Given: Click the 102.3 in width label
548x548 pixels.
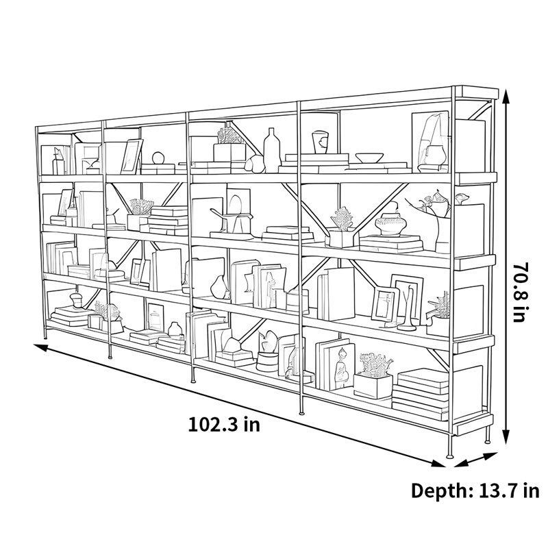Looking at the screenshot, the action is click(x=224, y=425).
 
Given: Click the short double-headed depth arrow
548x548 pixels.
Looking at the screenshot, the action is click(x=475, y=460).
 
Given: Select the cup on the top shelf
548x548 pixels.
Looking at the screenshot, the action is click(x=320, y=142).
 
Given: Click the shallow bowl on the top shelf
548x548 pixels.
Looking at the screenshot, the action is click(x=369, y=158).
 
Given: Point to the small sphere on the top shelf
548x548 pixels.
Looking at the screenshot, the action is click(x=158, y=158).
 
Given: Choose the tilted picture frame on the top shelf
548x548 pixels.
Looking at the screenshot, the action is click(x=132, y=156).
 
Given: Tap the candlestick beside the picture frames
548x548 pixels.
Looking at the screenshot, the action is click(x=407, y=308).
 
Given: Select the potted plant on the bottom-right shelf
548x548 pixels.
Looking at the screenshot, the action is click(x=373, y=375).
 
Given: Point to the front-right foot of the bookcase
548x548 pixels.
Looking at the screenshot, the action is click(x=450, y=455).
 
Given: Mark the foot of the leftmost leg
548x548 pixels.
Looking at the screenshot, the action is click(x=45, y=337).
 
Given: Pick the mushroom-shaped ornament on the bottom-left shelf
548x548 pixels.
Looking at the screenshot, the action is click(x=76, y=300).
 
